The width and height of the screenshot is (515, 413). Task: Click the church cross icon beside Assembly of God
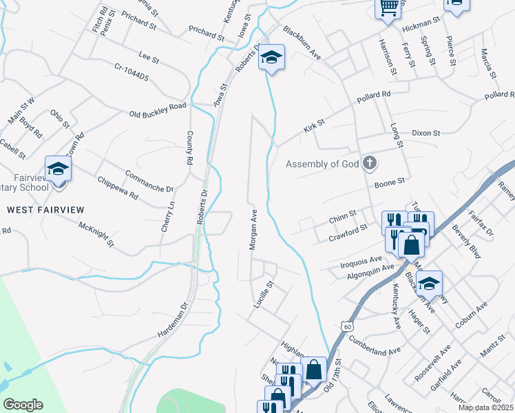click(370, 163)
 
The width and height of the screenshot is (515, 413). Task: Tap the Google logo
click(23, 404)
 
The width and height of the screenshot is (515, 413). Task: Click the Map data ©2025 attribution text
click(485, 407)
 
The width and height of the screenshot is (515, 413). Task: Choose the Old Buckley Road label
click(158, 110)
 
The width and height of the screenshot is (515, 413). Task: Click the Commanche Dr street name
click(149, 180)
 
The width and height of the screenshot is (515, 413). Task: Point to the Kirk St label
click(314, 125)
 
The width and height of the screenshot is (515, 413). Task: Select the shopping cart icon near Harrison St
click(388, 8)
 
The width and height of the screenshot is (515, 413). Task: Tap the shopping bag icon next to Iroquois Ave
click(411, 245)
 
